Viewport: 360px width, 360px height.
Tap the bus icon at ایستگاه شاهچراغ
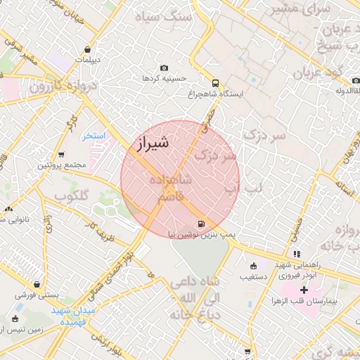[214, 82]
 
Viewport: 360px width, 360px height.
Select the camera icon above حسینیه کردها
[164, 68]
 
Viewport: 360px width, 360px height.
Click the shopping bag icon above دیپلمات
[86, 50]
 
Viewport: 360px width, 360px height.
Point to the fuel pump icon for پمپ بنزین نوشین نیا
[202, 224]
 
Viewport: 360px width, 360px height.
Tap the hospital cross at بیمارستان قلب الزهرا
[304, 290]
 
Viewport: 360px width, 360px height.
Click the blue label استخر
[93, 135]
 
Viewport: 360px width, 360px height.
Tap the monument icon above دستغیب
[254, 266]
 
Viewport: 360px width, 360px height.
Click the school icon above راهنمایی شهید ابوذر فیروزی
[297, 254]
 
